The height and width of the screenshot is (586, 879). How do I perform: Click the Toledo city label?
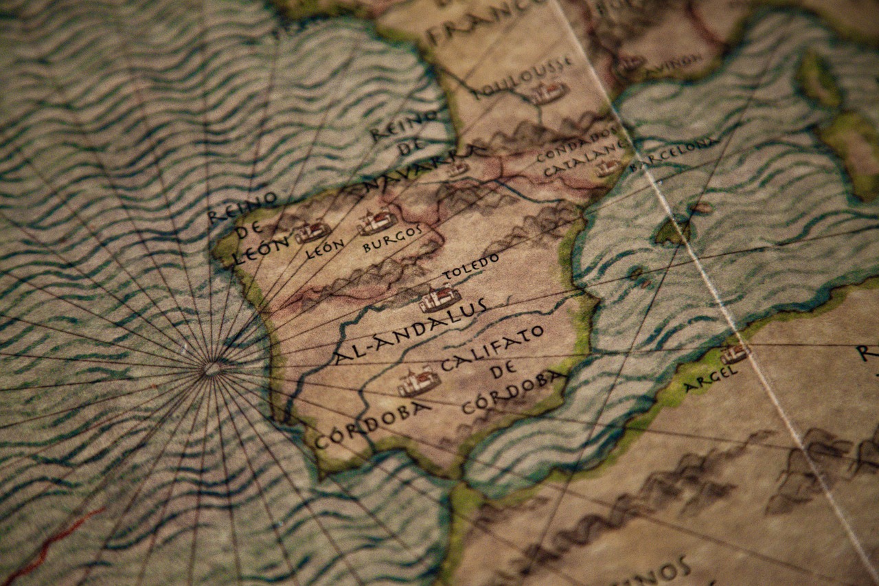tap(471, 267)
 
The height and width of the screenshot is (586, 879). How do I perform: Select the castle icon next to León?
tap(312, 232)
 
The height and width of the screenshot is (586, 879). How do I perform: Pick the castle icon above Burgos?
tap(376, 221)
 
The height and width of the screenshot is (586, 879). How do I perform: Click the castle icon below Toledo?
tap(439, 298)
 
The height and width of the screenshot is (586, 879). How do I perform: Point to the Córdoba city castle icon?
tap(418, 381)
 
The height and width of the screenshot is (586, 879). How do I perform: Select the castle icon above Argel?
tap(734, 354)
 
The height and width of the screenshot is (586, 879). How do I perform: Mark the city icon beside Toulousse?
tap(549, 93)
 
